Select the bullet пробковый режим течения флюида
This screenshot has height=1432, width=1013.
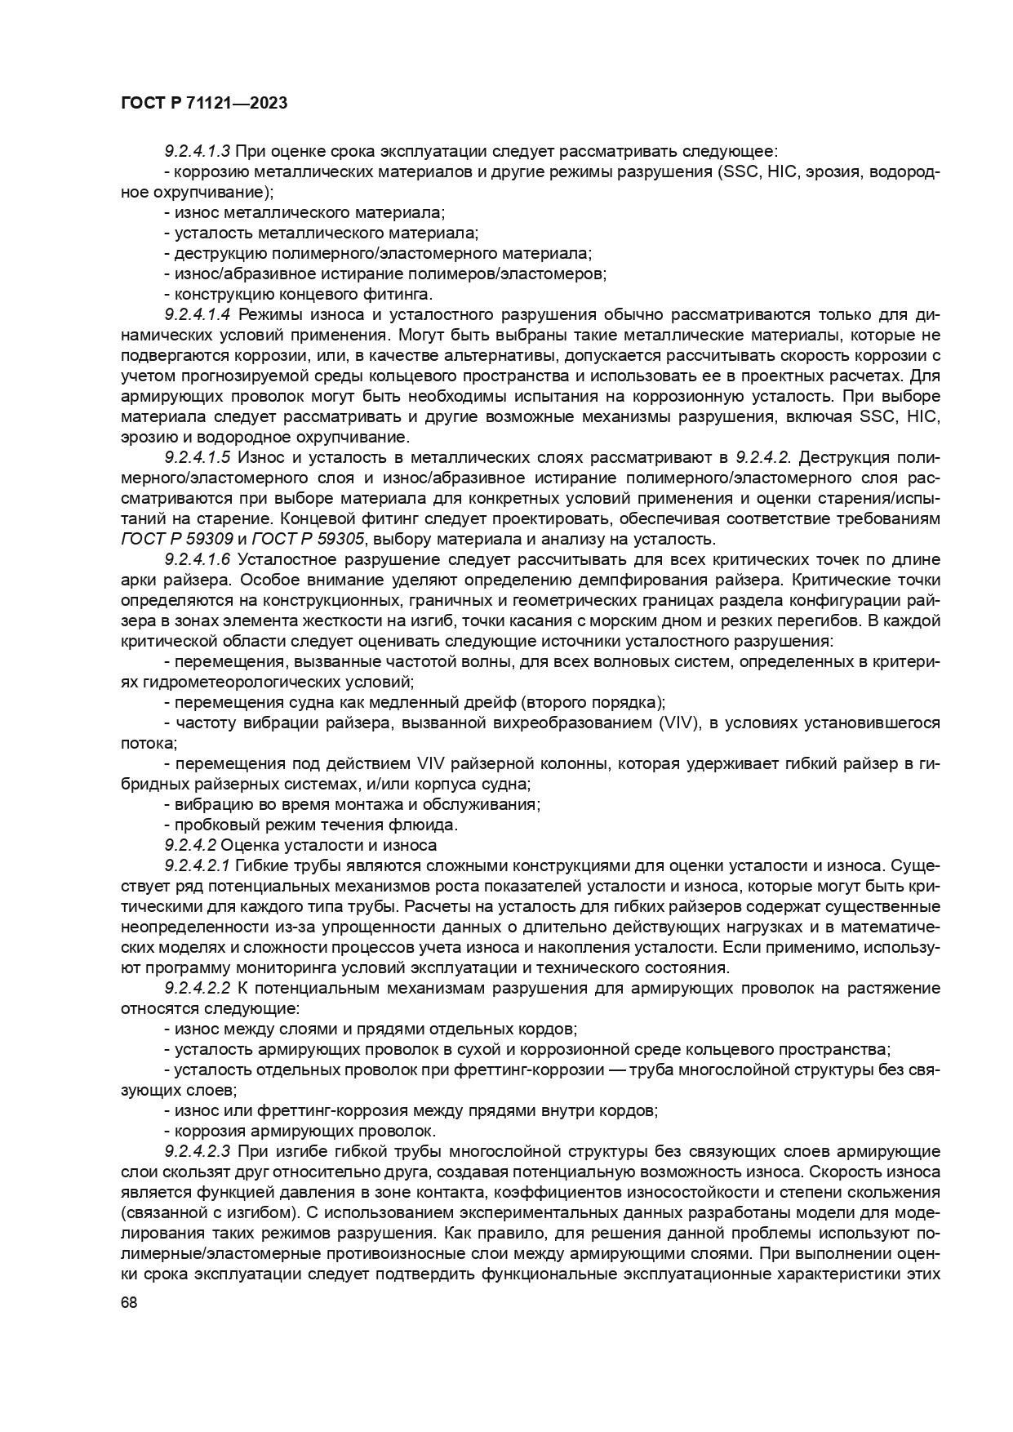coord(310,825)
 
